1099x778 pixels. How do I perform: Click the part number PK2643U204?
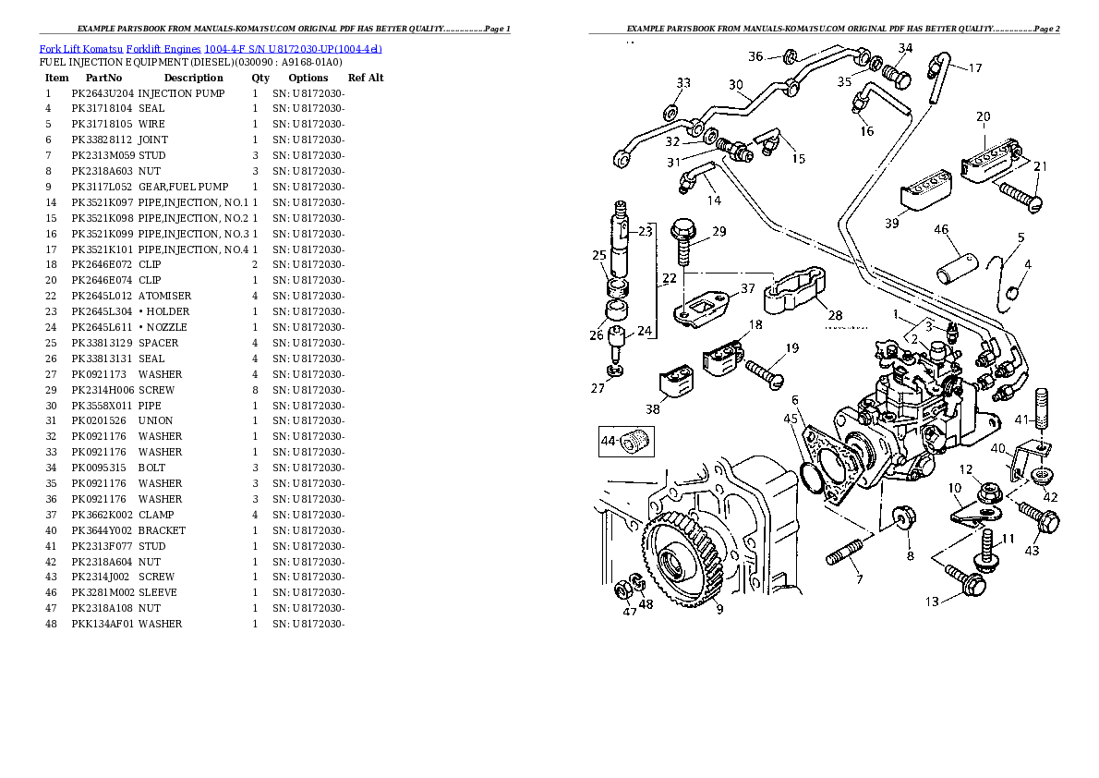[103, 93]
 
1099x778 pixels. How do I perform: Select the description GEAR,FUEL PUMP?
[183, 187]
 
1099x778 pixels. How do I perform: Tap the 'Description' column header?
[193, 78]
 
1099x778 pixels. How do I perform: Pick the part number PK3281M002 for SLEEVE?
[103, 592]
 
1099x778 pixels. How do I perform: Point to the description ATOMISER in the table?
[164, 296]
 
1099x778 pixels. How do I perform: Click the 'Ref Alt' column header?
[366, 78]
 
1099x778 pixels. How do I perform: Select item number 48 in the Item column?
[51, 624]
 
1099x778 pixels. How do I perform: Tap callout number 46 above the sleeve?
[941, 229]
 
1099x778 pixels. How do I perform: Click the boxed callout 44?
[609, 442]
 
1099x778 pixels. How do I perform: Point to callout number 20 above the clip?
[983, 116]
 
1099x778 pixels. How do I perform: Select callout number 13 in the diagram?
[933, 602]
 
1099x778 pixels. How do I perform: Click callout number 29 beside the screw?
[718, 231]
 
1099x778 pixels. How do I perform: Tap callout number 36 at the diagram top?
[755, 56]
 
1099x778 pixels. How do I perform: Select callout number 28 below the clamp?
[835, 316]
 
